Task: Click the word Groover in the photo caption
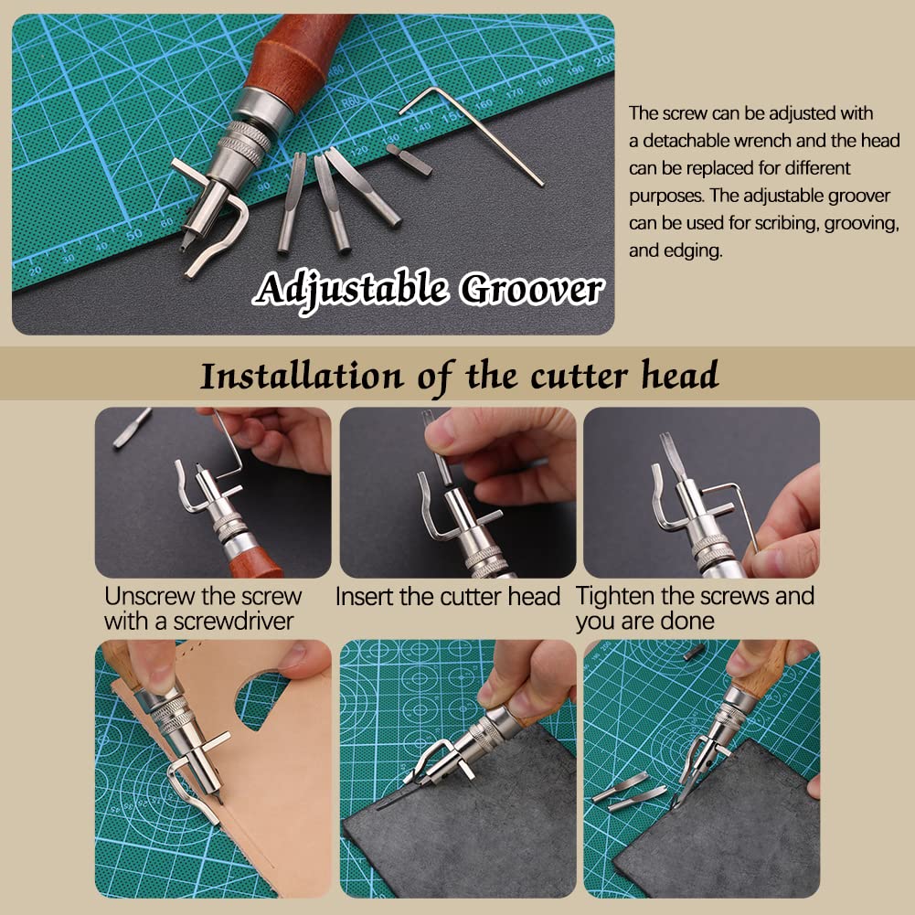[x=530, y=290]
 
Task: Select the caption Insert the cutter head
[x=447, y=597]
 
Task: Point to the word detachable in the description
[x=696, y=141]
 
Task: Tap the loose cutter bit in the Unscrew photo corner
[x=133, y=429]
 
